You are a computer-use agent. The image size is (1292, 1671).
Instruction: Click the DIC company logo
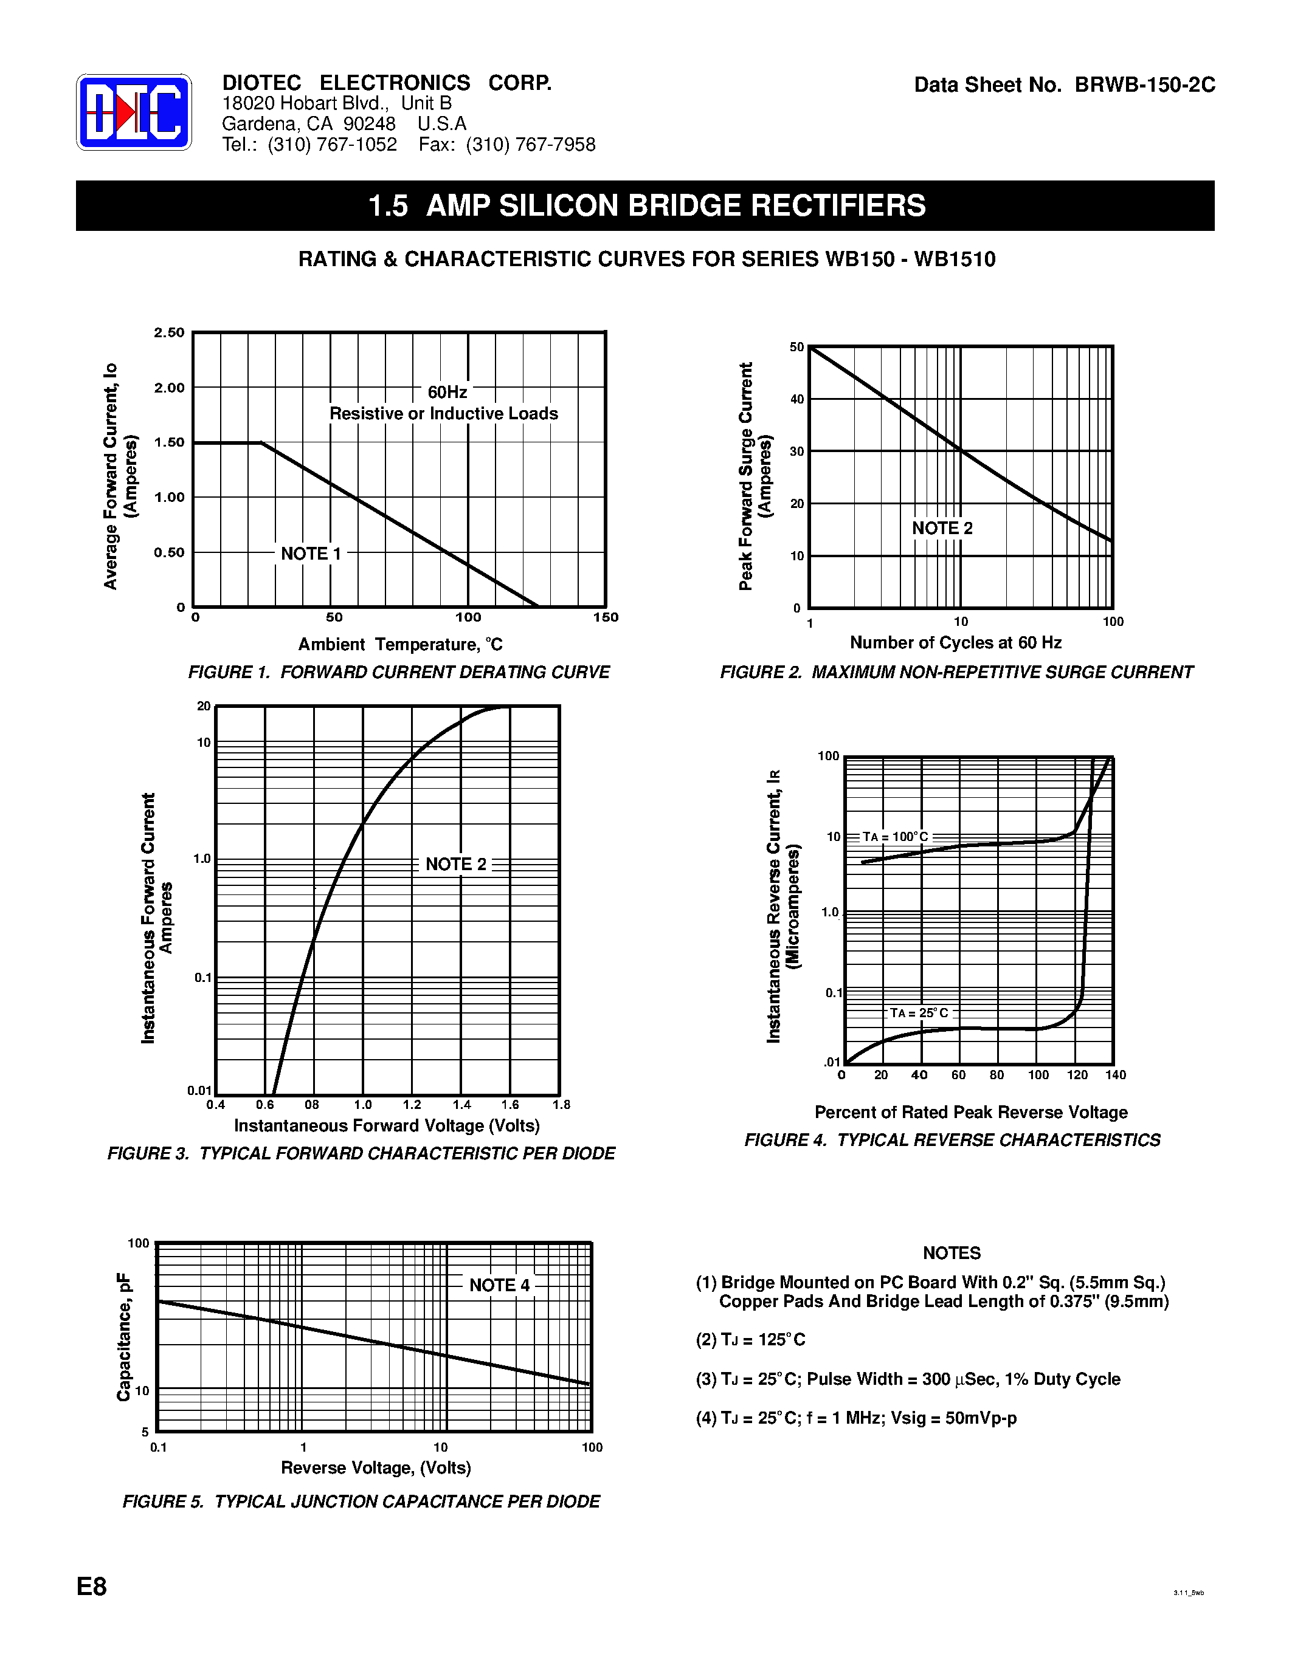tap(134, 112)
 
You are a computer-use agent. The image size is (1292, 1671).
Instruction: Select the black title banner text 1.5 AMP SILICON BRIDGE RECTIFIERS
tap(647, 206)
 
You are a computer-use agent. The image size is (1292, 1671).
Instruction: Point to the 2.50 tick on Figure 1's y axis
tap(169, 332)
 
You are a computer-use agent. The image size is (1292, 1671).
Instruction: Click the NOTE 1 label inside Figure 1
tap(311, 553)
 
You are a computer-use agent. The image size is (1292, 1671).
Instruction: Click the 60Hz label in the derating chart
tap(447, 392)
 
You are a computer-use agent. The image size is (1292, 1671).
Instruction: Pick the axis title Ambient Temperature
tap(400, 644)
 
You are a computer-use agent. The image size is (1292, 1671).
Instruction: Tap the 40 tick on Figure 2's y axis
tap(797, 399)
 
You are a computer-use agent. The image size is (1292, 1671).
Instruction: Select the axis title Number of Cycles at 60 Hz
tap(955, 643)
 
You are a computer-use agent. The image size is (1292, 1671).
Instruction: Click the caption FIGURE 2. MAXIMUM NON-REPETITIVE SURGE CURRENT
tap(956, 672)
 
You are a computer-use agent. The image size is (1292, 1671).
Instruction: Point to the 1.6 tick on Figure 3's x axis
tap(510, 1105)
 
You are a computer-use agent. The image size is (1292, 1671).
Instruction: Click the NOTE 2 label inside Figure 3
tap(455, 864)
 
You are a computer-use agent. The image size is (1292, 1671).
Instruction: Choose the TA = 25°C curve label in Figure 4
tap(919, 1013)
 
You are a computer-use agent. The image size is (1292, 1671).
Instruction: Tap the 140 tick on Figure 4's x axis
tap(1115, 1075)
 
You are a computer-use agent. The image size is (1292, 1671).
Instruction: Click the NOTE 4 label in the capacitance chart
tap(499, 1285)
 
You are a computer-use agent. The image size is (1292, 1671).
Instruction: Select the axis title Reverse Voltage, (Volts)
tap(376, 1467)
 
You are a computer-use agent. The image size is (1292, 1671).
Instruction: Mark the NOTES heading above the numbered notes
tap(952, 1252)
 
